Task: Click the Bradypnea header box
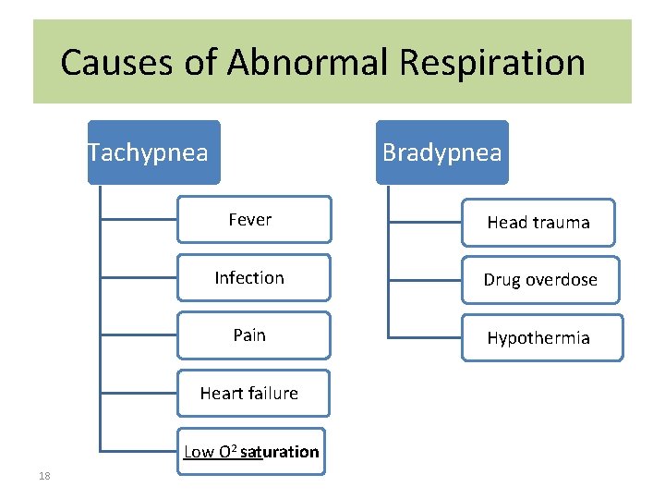coord(441,152)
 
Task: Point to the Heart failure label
coord(249,394)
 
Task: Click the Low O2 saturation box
coord(251,452)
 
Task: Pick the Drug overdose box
coord(540,280)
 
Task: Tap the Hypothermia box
coord(540,338)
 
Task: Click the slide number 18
coord(44,476)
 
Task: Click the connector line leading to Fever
coord(139,220)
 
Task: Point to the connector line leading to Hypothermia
coord(425,335)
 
